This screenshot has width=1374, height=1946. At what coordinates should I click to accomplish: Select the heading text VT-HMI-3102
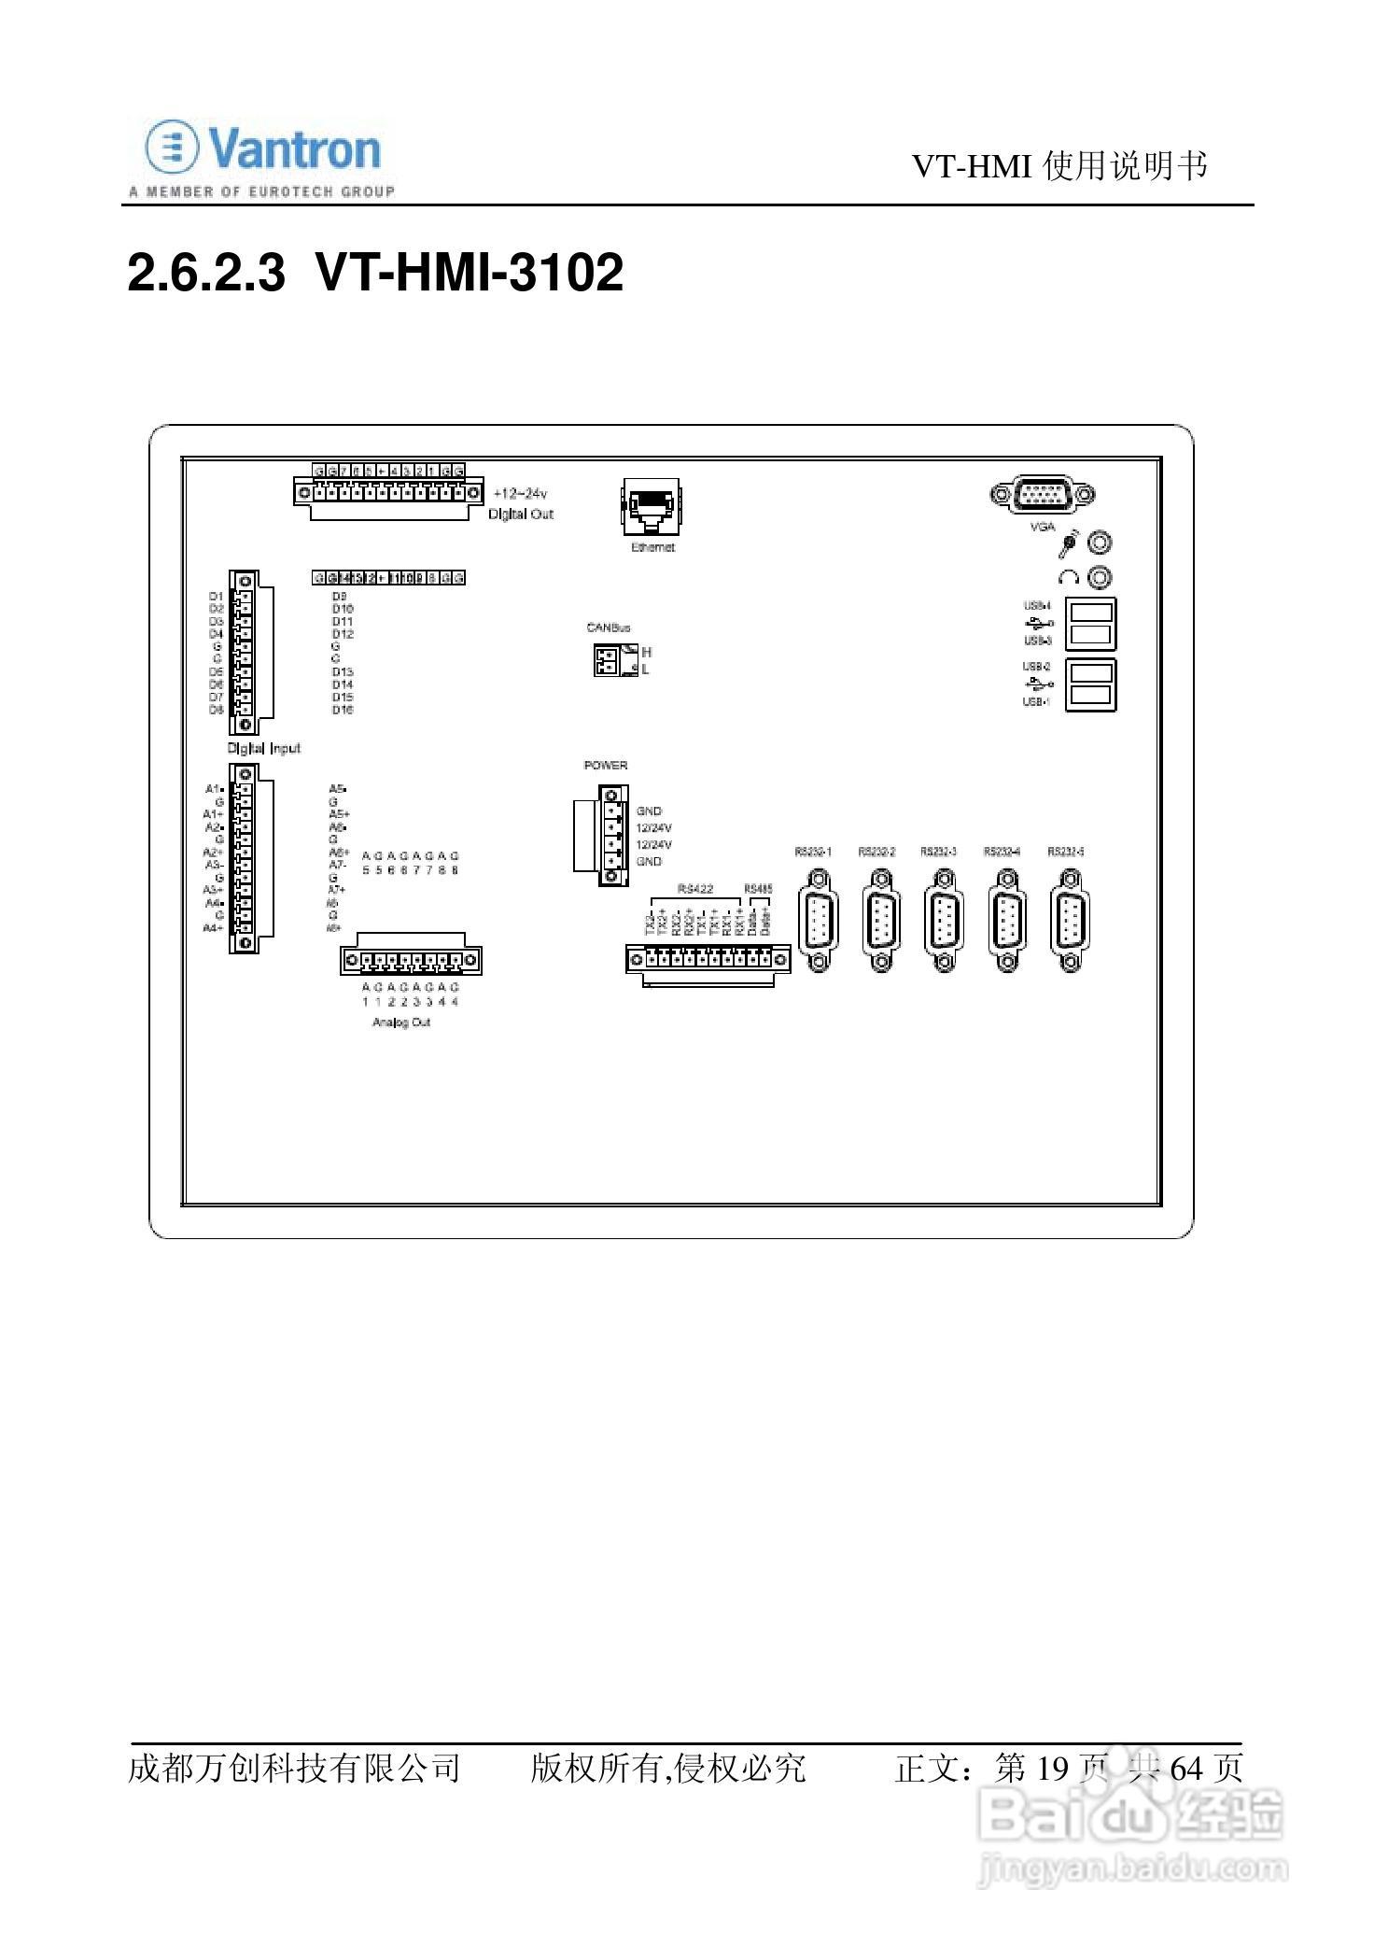[469, 274]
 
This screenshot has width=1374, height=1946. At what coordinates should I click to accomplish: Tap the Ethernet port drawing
[652, 507]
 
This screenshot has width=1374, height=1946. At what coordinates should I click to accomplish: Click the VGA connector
[1042, 494]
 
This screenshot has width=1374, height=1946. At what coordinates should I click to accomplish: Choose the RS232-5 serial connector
[1070, 921]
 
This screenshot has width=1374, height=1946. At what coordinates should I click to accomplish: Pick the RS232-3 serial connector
[942, 921]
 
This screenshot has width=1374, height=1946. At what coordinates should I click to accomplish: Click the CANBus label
[609, 628]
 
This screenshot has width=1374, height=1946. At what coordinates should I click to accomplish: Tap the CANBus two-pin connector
[607, 661]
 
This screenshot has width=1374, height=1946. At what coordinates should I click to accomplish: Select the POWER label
[606, 766]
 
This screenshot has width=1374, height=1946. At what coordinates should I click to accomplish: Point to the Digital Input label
[264, 748]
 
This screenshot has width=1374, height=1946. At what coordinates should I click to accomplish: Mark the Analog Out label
[401, 1022]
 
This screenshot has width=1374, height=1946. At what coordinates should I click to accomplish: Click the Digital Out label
[521, 515]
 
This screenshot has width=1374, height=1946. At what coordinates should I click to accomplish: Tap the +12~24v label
[520, 494]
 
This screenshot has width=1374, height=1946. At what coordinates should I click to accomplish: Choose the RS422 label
[695, 888]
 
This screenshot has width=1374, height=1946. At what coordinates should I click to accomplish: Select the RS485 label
[758, 888]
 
